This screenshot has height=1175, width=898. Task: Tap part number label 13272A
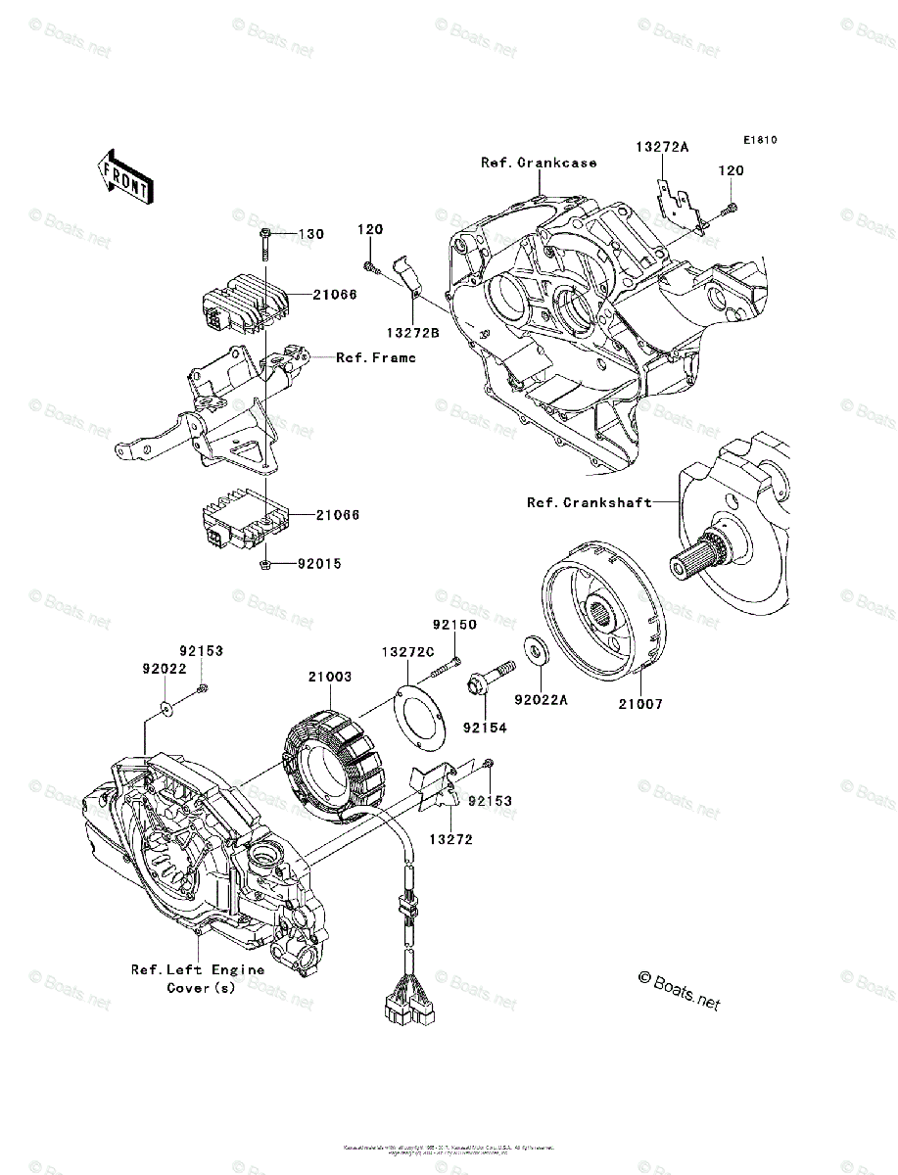[x=661, y=147]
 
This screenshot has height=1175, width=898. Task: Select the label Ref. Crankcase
[x=538, y=163]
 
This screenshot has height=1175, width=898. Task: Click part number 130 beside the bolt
[x=310, y=235]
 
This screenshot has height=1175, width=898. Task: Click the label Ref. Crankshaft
[x=589, y=502]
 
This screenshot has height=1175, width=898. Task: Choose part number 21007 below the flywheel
[x=639, y=703]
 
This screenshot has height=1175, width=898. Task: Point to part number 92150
[x=454, y=624]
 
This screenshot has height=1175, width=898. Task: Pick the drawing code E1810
[x=758, y=141]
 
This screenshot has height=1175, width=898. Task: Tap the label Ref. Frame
[x=375, y=358]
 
